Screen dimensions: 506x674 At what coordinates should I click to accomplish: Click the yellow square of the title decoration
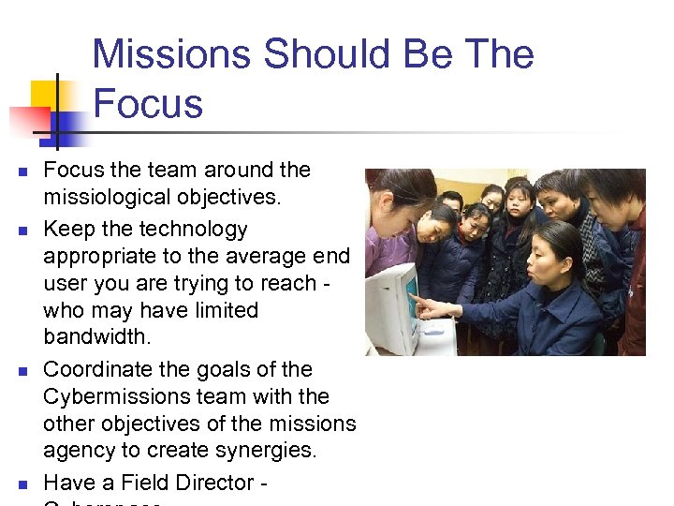tap(44, 95)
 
